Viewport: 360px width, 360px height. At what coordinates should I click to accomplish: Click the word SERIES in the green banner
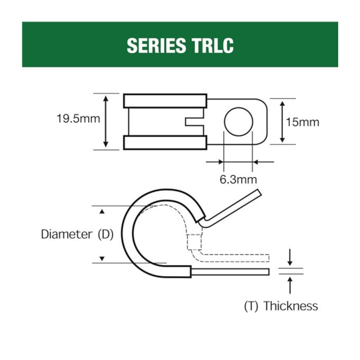156,45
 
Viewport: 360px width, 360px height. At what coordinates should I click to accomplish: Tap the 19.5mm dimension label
78,119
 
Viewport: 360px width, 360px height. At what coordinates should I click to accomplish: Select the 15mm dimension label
302,122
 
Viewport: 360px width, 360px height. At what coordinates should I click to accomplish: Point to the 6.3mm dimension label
238,179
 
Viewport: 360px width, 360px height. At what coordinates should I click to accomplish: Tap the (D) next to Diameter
105,234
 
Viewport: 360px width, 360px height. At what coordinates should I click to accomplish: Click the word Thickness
290,306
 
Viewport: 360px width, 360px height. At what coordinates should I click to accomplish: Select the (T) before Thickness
251,306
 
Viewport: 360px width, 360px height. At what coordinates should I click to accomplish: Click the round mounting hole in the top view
239,122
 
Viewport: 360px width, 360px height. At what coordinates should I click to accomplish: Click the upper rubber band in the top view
165,101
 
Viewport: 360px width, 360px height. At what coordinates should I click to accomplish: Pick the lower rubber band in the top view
165,143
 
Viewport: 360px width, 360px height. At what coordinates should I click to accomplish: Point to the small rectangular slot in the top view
194,122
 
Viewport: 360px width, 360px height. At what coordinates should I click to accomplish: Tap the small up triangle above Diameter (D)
102,212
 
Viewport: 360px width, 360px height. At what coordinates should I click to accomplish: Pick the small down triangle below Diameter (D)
102,259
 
